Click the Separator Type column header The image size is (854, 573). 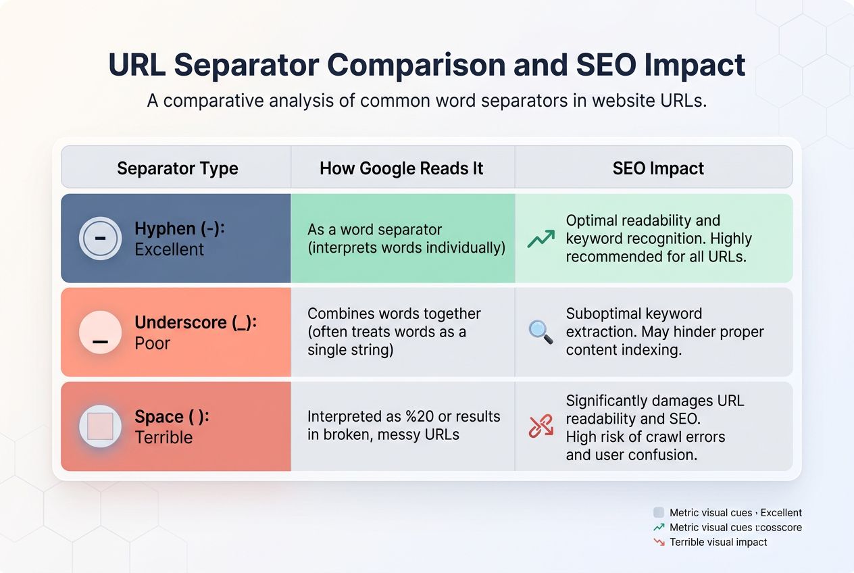click(178, 168)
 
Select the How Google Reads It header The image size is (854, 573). click(401, 168)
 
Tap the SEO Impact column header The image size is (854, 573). click(658, 168)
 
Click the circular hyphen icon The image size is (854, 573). click(100, 239)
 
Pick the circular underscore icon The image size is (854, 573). click(100, 332)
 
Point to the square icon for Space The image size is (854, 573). click(100, 426)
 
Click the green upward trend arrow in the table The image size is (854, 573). click(541, 239)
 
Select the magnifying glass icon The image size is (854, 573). click(541, 332)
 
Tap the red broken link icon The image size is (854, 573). click(541, 426)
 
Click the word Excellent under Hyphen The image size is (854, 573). click(170, 249)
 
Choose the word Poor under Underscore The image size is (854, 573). click(152, 343)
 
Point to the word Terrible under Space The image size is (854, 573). click(164, 437)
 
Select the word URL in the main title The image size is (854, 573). click(137, 64)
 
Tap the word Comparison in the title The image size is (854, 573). click(416, 66)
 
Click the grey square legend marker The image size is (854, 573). click(659, 512)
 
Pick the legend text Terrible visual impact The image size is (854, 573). click(718, 542)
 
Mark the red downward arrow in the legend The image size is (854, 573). click(659, 542)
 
